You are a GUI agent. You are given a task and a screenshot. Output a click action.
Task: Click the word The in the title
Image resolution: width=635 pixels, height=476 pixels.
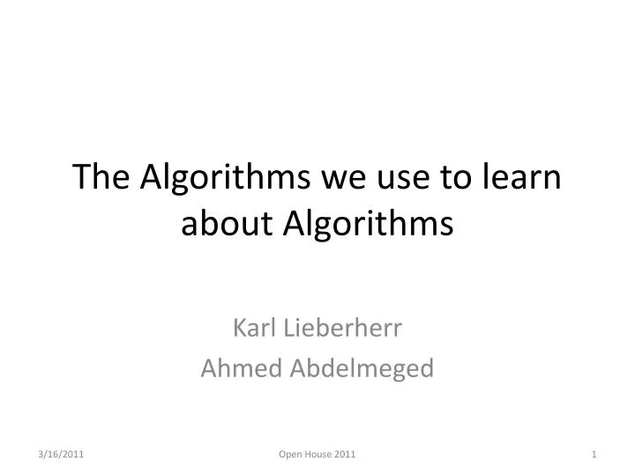pos(103,178)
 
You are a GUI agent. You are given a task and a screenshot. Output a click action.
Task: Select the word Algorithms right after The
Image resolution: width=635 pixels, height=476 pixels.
pos(222,178)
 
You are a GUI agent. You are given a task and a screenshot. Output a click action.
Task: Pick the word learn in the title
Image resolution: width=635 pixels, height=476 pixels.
pos(524,178)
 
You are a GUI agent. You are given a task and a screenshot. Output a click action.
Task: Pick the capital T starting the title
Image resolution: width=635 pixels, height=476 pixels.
pos(81,178)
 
